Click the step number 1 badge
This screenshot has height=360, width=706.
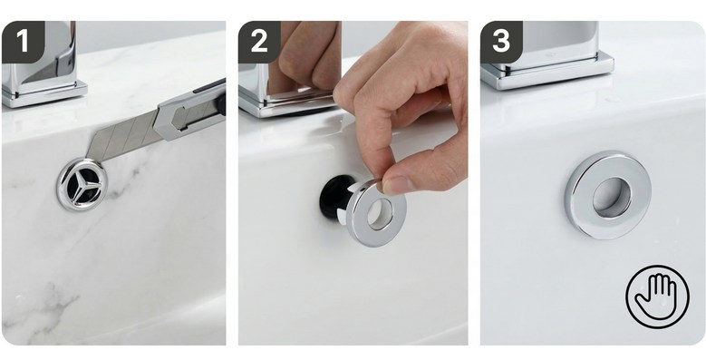pos(23,42)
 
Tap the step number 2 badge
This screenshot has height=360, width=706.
pos(259,42)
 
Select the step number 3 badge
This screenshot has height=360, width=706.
pos(501,42)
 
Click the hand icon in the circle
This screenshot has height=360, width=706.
pos(657,297)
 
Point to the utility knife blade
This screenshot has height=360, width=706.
pos(121,137)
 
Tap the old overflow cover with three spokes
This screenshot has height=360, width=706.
pos(82,184)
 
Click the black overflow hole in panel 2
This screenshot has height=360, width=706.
pos(335,197)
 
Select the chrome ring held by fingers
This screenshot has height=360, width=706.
pos(376,213)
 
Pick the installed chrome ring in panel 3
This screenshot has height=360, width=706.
pos(607,194)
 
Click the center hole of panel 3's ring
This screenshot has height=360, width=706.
pos(611,197)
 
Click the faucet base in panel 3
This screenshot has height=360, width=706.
pos(547,71)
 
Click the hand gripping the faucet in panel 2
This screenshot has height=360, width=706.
pos(307,55)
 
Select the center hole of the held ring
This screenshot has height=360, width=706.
pos(380,214)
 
